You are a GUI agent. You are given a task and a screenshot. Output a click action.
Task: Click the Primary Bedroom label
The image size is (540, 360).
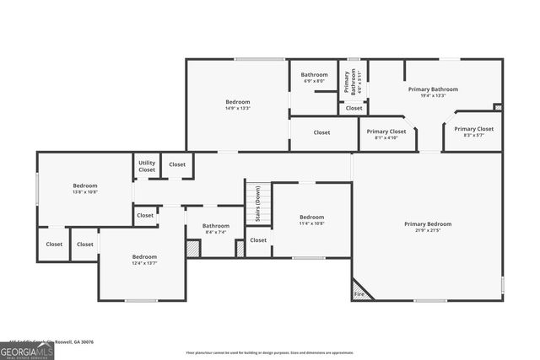[427, 223]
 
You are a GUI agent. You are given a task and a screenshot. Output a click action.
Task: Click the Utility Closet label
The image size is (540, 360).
[147, 166]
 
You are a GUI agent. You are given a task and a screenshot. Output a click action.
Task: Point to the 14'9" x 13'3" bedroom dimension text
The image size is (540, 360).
[237, 108]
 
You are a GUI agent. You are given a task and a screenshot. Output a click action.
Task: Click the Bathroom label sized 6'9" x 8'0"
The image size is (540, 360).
[314, 75]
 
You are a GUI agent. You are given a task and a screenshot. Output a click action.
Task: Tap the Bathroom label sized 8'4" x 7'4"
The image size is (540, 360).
[215, 225]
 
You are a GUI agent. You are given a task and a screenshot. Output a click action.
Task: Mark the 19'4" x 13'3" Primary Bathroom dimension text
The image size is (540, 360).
[432, 95]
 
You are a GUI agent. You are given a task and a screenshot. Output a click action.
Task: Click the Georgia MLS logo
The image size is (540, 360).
[27, 350]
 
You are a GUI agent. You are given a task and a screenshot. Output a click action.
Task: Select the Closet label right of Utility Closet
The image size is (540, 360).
[177, 164]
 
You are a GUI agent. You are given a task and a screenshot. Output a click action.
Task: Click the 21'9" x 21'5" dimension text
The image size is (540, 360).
[427, 230]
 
